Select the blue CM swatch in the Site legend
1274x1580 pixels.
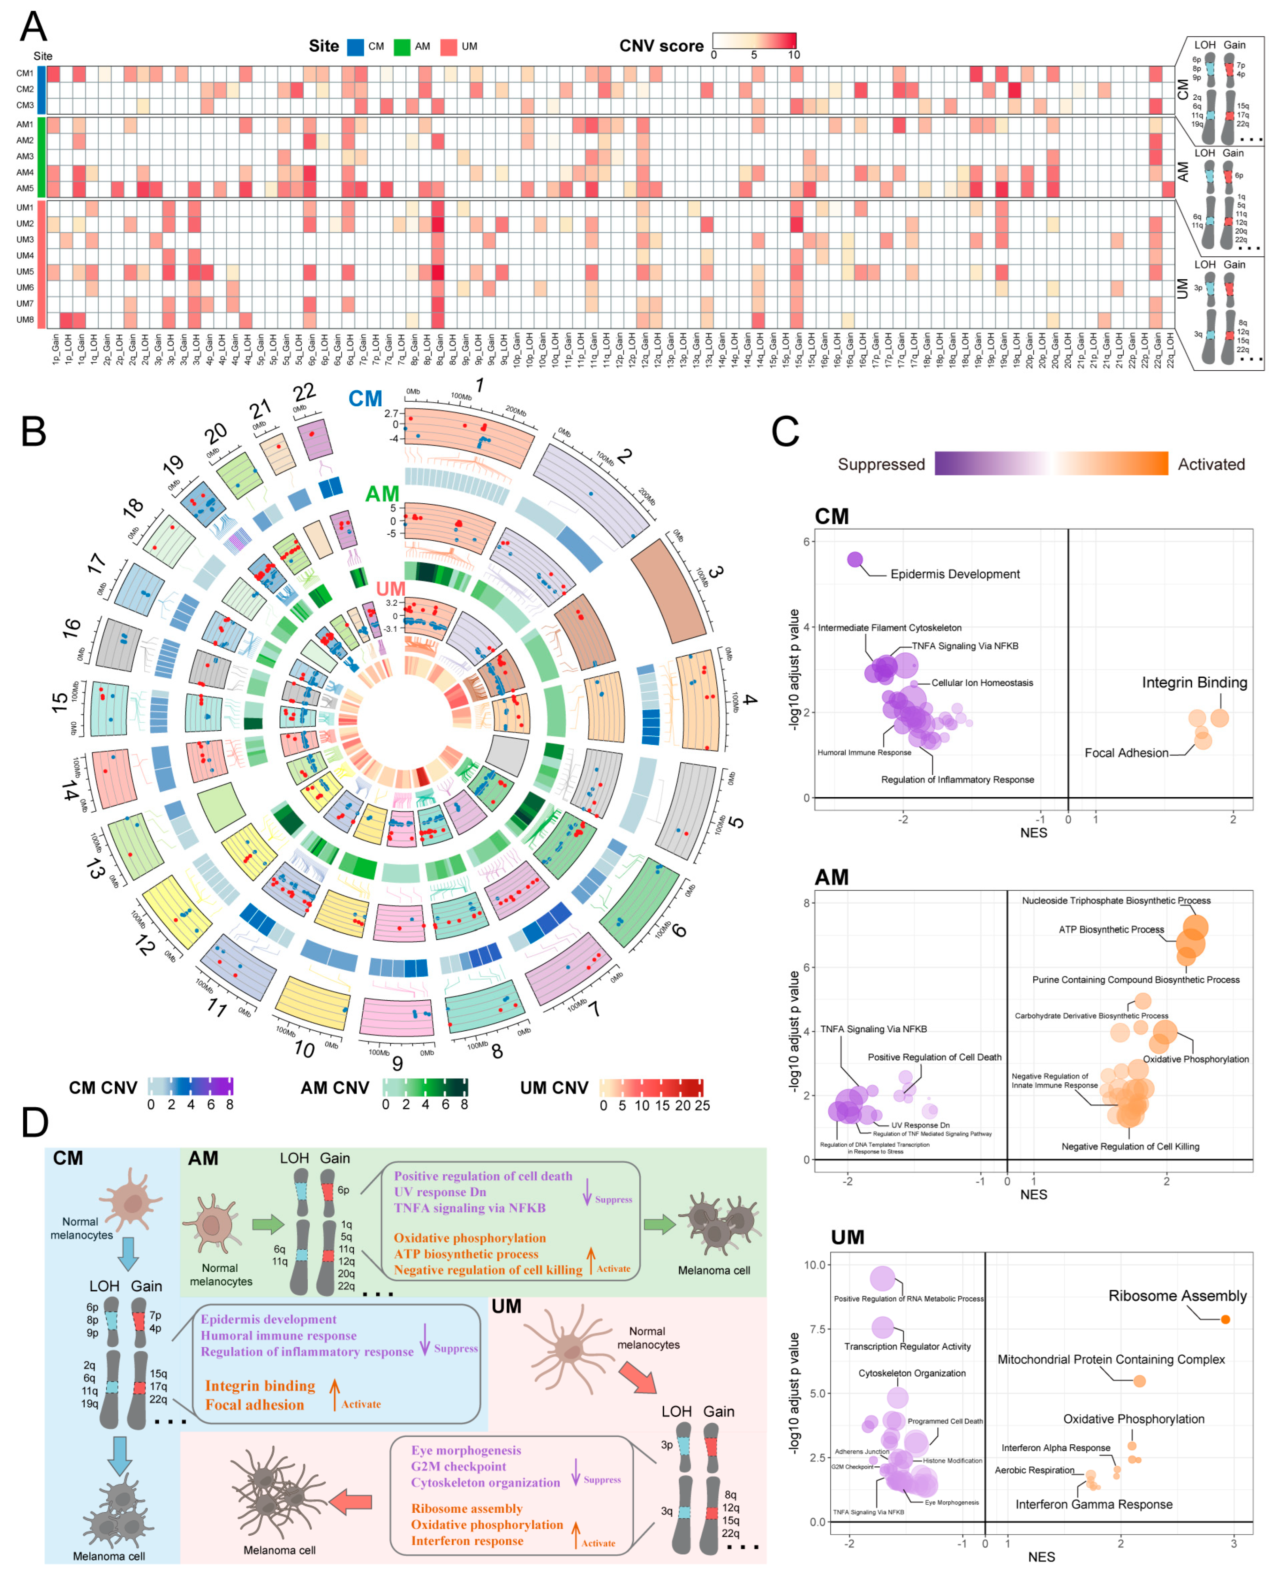coord(355,47)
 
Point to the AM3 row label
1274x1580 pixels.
coord(25,156)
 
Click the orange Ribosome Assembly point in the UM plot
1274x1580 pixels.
coord(1225,1319)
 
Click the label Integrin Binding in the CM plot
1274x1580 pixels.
coord(1194,682)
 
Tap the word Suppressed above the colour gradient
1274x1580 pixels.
coord(880,464)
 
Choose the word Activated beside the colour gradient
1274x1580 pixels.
coord(1211,464)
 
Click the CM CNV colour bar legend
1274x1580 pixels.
coord(190,1087)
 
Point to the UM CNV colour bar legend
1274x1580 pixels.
coord(651,1087)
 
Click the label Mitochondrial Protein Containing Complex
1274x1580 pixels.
coord(1110,1360)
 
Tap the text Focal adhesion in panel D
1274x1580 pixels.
coord(254,1405)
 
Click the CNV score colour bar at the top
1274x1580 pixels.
coord(754,40)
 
